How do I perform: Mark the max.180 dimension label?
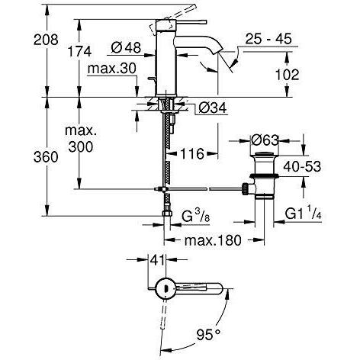tap(214, 241)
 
